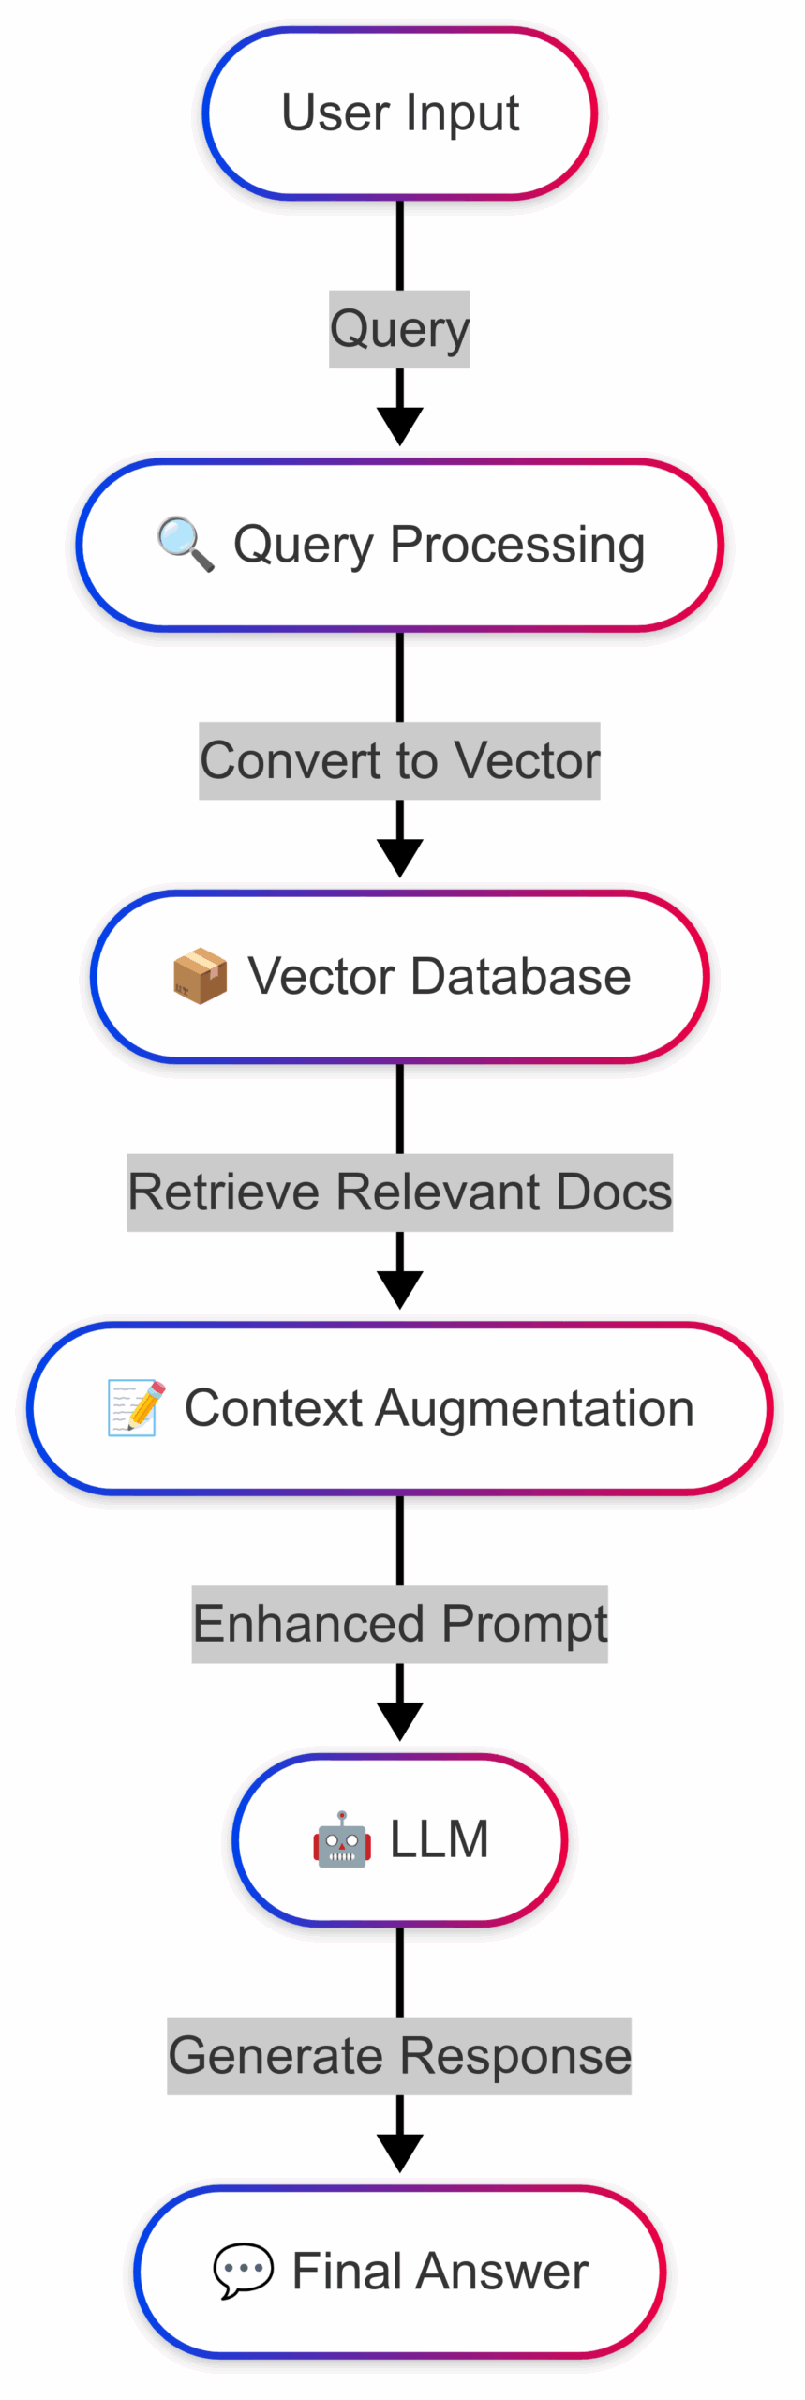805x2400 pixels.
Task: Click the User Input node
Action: tap(400, 113)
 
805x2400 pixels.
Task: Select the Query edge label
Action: tap(399, 329)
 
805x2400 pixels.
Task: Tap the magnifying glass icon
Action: tap(186, 544)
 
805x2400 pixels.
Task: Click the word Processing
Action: tap(517, 545)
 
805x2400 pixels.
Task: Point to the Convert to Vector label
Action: tap(399, 760)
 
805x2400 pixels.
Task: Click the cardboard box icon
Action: tap(200, 976)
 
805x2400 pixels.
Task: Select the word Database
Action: tap(521, 976)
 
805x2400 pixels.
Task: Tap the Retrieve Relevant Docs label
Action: tap(400, 1192)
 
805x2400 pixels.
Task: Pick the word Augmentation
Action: tap(535, 1409)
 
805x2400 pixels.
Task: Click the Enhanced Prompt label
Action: tap(400, 1625)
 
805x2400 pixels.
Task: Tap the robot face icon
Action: tap(342, 1839)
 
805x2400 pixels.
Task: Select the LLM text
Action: tap(440, 1839)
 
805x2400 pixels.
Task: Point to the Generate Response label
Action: tap(399, 2056)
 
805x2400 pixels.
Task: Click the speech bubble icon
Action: tap(244, 2272)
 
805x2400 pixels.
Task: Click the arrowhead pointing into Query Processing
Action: tap(400, 427)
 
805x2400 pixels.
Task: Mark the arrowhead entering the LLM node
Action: tap(400, 1722)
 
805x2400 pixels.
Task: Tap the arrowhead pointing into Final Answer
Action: tap(400, 2153)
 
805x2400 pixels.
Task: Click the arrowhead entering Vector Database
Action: tap(400, 858)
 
